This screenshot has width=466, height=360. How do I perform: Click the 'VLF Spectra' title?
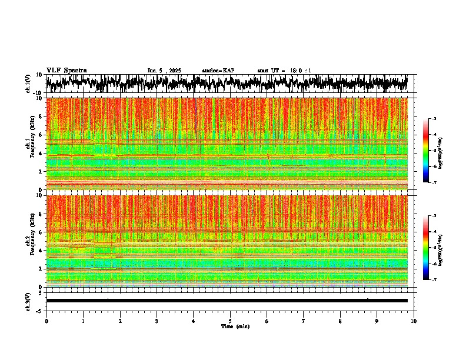point(66,70)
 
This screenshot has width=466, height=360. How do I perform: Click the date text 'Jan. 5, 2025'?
point(166,71)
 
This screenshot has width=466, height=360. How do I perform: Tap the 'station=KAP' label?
point(218,71)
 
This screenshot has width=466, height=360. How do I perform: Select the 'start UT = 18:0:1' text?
point(284,71)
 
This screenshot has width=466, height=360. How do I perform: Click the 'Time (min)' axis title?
point(235,326)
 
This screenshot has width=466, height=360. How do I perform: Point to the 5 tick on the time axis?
point(230,321)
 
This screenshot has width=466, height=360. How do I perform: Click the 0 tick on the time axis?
point(46,321)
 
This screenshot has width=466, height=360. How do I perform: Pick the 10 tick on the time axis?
point(414,321)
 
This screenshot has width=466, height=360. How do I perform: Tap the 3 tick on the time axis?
point(157,321)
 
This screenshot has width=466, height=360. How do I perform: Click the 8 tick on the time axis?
point(340,321)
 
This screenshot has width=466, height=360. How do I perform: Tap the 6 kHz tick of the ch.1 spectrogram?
point(41,135)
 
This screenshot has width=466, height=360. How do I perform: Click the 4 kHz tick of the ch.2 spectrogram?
point(41,251)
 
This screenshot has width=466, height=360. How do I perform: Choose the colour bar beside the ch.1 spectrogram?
point(431,151)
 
